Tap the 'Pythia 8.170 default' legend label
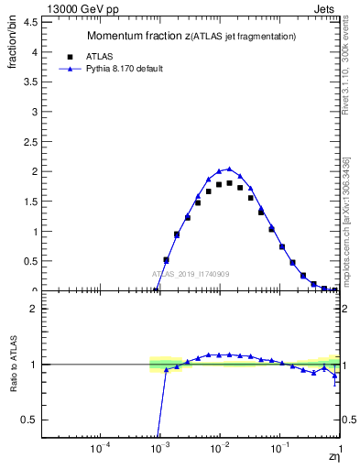click(125, 69)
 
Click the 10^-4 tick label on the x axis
click(101, 450)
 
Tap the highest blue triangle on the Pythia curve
click(229, 168)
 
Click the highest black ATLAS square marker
click(229, 183)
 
